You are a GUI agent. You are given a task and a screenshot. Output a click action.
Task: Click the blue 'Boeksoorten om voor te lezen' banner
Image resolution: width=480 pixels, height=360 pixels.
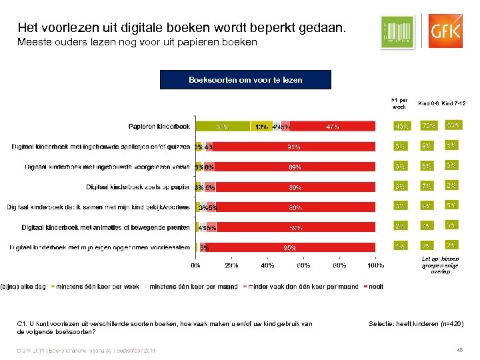245,79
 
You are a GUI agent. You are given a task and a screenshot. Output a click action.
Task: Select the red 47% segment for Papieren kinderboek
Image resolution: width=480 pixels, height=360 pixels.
332,126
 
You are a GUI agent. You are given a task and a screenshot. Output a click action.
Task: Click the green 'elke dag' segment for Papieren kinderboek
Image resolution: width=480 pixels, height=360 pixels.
223,126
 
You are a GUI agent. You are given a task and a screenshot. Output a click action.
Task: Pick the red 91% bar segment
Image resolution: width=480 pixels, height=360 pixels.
294,147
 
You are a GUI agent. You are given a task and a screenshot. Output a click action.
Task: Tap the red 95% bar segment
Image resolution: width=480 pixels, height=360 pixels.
290,247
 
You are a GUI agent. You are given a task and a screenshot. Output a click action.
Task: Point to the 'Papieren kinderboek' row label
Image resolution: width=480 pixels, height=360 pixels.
159,126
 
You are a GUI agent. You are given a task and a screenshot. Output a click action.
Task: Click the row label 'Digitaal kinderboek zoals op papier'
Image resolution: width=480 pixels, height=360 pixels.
138,187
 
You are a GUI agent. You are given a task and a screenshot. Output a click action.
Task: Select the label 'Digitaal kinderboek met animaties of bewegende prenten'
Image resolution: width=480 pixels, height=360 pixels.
106,227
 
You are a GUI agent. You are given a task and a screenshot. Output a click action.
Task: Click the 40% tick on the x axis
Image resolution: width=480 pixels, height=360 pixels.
267,265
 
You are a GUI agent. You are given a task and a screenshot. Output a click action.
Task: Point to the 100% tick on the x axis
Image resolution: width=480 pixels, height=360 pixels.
376,265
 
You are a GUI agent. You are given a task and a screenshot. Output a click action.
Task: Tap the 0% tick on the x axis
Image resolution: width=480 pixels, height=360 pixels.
196,265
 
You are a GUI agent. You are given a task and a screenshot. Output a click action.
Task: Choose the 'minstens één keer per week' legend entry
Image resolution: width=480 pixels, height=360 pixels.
96,287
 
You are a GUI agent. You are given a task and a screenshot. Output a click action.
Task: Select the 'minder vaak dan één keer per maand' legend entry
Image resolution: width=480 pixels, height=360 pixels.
304,287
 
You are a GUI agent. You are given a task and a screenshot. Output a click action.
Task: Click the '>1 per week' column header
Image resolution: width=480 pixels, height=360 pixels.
400,103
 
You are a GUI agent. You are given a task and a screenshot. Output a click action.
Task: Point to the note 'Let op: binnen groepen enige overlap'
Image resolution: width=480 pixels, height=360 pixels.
441,265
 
